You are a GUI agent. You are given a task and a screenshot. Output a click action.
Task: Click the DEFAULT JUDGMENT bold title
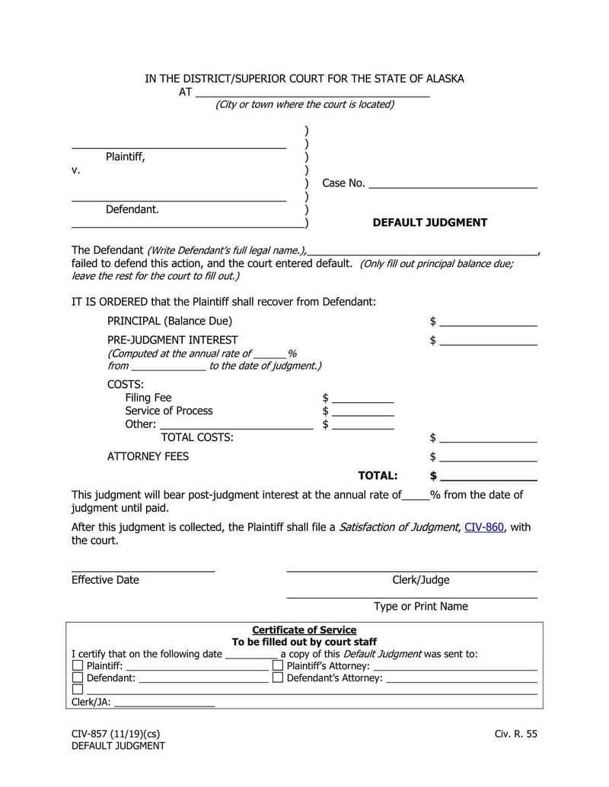pos(429,223)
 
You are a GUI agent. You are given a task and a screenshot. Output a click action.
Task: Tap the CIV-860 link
pos(484,528)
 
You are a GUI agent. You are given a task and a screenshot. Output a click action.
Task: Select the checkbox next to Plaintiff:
pos(78,665)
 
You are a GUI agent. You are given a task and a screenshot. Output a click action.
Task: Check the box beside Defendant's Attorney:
pos(278,678)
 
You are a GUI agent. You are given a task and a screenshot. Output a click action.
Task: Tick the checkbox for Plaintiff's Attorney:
pos(278,665)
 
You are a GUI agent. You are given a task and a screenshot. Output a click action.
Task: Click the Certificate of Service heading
pos(304,630)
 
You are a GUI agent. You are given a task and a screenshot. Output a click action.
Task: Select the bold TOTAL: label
pos(378,476)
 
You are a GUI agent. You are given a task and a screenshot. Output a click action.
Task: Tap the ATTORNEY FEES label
pos(148,457)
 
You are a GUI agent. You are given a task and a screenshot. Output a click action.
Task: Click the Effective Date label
pos(105,580)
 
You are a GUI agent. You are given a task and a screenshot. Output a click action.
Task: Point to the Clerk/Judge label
pos(420,580)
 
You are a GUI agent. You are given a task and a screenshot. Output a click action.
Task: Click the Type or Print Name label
pos(420,607)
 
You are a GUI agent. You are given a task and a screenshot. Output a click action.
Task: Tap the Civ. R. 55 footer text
pos(515,734)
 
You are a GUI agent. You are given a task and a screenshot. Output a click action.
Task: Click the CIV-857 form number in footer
pos(90,734)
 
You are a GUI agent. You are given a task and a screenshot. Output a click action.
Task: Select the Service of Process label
pos(169,411)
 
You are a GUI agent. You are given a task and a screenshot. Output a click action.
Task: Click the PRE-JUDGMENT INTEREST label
pos(172,340)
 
